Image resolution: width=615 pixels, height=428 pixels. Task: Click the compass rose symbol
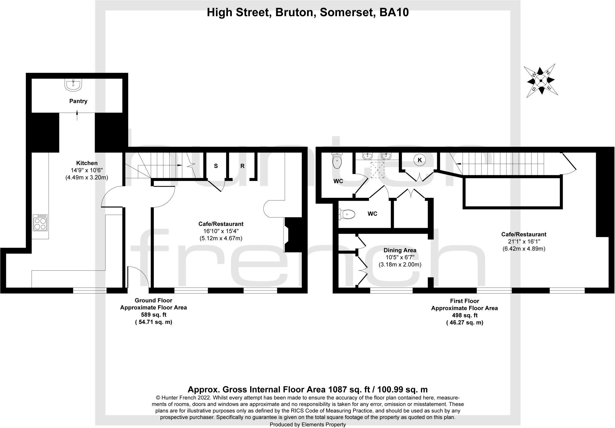click(x=541, y=80)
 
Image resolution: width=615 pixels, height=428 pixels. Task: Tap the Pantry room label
click(x=78, y=101)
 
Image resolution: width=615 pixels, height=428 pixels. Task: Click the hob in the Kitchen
click(x=40, y=222)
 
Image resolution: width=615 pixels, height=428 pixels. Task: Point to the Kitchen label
click(x=87, y=163)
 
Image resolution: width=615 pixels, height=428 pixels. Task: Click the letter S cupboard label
click(x=216, y=166)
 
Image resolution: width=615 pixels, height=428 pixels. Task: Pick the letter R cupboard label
click(x=242, y=166)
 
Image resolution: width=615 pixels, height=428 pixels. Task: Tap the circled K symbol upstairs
click(x=420, y=160)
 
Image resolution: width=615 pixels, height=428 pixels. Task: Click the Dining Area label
click(x=400, y=250)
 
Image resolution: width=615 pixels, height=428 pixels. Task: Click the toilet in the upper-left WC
click(x=337, y=161)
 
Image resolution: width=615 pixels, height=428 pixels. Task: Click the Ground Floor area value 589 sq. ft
click(x=153, y=315)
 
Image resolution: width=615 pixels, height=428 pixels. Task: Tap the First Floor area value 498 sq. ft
click(x=465, y=315)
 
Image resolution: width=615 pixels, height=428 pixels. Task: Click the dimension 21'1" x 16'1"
click(x=524, y=241)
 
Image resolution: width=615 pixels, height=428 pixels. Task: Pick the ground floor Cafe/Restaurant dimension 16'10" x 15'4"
click(x=221, y=231)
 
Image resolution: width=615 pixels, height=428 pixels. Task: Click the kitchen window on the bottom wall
click(x=90, y=290)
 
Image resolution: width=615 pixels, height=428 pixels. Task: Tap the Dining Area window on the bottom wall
click(x=391, y=291)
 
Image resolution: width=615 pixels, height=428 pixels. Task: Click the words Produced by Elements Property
click(x=307, y=424)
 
